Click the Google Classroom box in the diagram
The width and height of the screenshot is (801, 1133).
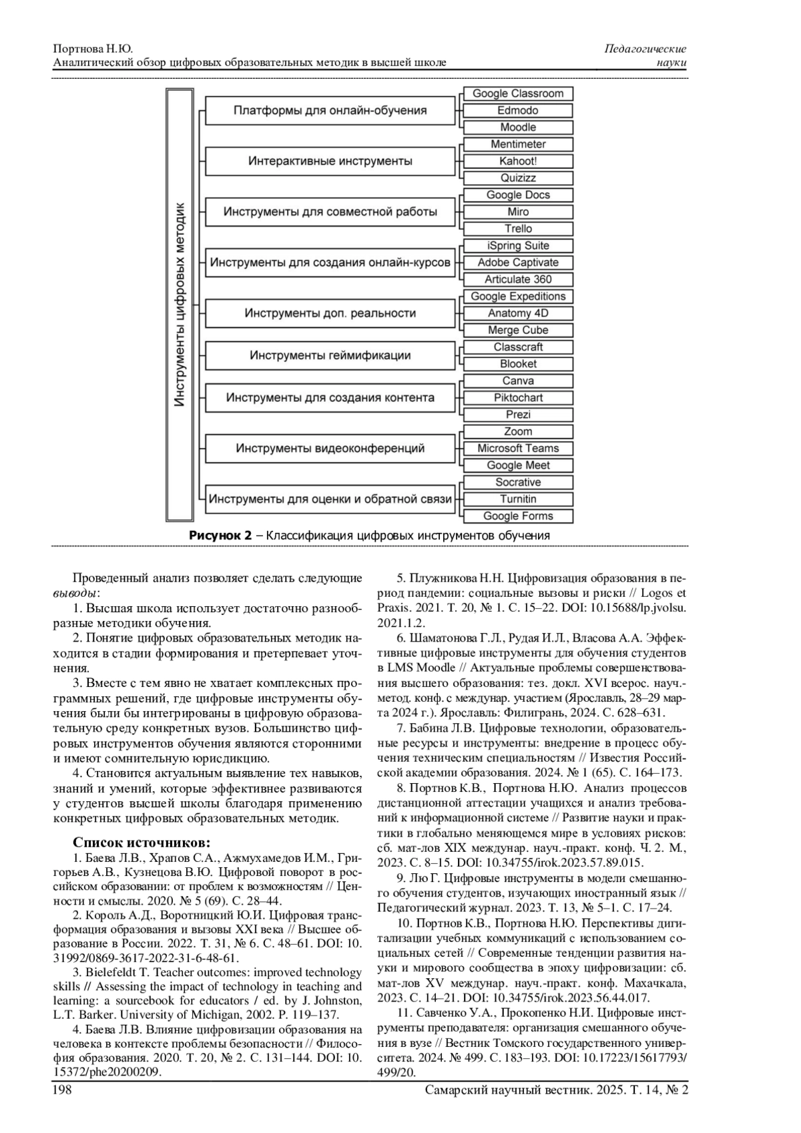click(518, 94)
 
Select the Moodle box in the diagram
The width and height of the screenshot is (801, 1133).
click(518, 128)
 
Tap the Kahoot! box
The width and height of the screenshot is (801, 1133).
click(518, 162)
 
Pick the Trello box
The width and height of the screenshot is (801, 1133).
click(518, 229)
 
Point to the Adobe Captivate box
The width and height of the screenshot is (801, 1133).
click(518, 263)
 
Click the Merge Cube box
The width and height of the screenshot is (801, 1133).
click(518, 330)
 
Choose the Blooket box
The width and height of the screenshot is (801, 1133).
click(518, 365)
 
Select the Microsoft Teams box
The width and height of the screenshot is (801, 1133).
click(518, 449)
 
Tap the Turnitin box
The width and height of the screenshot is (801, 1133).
click(518, 499)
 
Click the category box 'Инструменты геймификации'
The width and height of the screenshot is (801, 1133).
click(330, 356)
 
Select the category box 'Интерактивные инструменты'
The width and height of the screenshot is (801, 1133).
click(330, 162)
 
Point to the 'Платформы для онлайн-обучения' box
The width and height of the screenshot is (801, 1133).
click(330, 111)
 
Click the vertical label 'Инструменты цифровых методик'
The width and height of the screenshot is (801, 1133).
click(180, 304)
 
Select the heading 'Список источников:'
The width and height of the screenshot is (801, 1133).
click(142, 843)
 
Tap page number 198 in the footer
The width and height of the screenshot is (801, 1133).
click(62, 1090)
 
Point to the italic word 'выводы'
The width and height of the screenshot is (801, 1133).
click(75, 593)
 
